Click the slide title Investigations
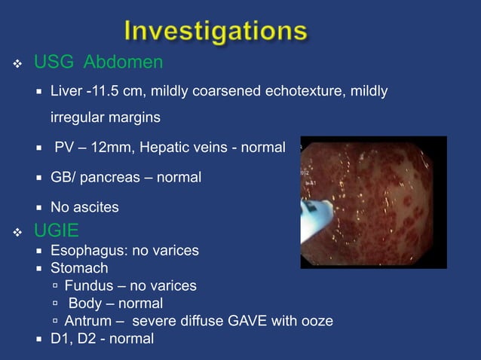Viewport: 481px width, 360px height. pyautogui.click(x=216, y=32)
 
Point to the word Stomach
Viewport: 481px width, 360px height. pyautogui.click(x=79, y=268)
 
